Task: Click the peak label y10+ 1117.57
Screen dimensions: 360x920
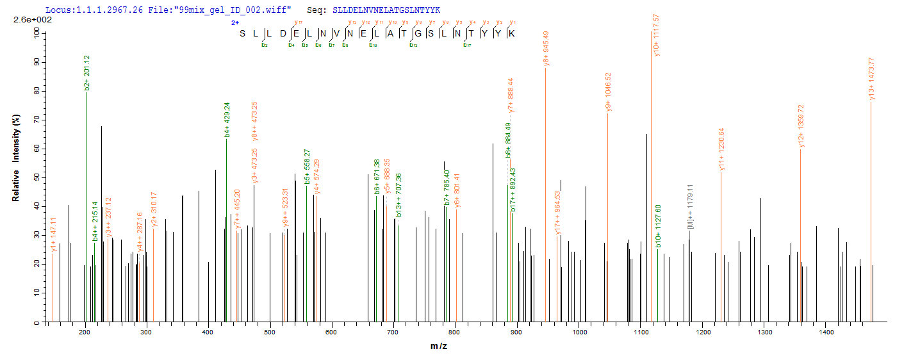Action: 655,35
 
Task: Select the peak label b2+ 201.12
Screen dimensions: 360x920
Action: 86,72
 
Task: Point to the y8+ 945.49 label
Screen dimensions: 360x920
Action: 546,49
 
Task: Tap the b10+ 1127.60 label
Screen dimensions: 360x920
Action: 658,230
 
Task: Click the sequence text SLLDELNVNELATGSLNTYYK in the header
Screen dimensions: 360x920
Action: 386,10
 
